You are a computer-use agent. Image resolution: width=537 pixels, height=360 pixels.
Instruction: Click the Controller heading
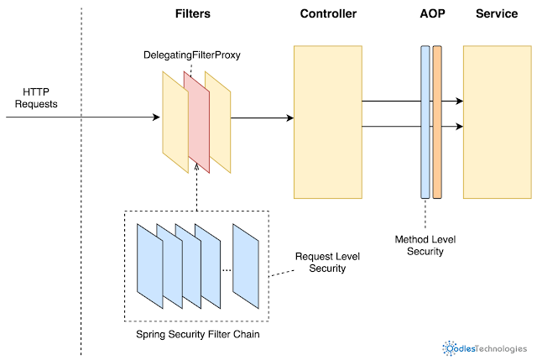tap(328, 14)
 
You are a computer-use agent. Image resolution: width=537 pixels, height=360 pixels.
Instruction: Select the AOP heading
tap(430, 14)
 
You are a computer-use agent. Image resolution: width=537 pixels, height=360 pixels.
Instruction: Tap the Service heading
tap(497, 14)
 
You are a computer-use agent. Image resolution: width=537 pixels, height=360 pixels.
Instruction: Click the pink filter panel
tap(199, 123)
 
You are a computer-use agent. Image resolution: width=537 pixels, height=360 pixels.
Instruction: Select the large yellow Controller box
tap(328, 123)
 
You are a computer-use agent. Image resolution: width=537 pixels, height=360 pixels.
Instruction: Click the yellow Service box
tap(497, 123)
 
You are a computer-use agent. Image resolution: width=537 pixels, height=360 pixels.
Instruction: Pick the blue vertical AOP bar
tap(425, 123)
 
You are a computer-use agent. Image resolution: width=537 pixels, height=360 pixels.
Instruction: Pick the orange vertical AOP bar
tap(437, 123)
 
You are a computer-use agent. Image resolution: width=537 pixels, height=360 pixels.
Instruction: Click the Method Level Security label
tap(425, 246)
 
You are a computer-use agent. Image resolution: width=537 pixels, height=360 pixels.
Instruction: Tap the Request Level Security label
tap(323, 263)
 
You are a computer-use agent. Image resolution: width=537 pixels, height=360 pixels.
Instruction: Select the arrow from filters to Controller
tap(262, 118)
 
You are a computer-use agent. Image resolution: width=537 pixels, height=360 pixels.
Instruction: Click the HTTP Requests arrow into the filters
tap(84, 118)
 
